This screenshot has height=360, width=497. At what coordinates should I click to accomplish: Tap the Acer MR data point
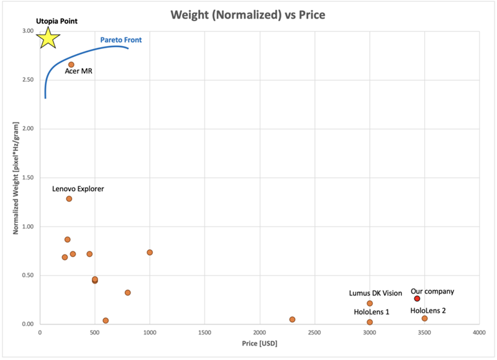(71, 65)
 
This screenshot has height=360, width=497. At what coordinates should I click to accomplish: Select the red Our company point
(417, 299)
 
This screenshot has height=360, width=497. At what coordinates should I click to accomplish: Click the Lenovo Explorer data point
(69, 199)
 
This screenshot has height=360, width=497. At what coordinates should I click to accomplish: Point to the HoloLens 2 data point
(424, 318)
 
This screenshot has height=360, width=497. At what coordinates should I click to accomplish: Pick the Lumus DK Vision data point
(370, 304)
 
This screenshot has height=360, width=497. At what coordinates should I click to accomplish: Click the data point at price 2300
(292, 320)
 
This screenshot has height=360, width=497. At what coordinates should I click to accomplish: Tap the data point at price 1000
(150, 252)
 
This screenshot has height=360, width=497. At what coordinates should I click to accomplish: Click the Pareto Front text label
(121, 40)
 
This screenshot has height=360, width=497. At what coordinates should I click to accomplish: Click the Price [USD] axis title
(258, 344)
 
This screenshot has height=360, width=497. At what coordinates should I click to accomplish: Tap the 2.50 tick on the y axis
(27, 80)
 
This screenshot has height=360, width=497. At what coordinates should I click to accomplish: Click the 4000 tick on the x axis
(479, 333)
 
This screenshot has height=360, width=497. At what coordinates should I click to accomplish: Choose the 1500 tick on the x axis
(204, 333)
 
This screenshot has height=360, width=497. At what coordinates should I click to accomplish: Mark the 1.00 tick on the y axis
(27, 227)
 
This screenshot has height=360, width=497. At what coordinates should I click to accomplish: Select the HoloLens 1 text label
(372, 312)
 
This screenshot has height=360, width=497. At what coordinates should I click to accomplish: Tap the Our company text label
(432, 291)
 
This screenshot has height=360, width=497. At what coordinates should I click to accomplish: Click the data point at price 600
(106, 321)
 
